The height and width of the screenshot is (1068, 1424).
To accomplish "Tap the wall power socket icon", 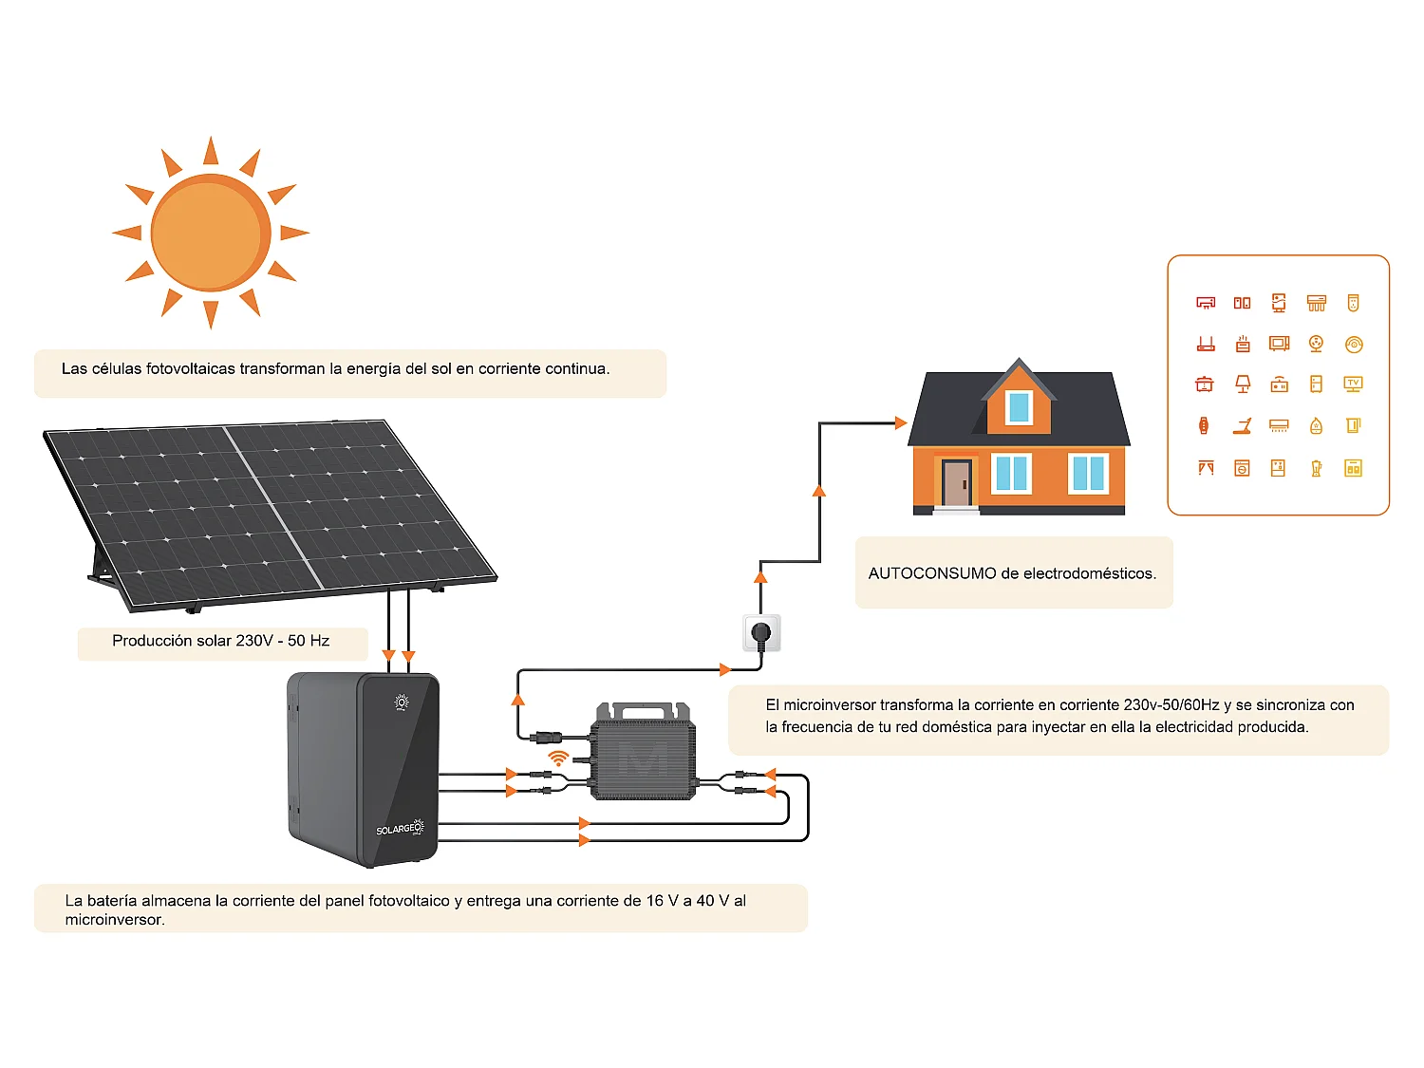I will [x=761, y=632].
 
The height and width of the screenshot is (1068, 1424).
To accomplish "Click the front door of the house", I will [x=956, y=483].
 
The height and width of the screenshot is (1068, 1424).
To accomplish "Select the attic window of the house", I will [x=1019, y=407].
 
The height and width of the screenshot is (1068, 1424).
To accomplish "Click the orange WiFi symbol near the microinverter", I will [x=558, y=758].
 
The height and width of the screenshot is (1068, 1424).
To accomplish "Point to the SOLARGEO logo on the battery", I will [x=400, y=829].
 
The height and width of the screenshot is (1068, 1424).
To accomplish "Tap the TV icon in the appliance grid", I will [x=1353, y=384].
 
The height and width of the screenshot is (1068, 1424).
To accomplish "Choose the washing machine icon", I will [x=1242, y=468].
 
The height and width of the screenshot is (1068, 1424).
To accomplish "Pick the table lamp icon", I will [x=1242, y=384].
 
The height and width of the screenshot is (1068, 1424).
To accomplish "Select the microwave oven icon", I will [x=1279, y=344].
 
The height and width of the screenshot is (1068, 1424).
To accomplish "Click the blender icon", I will [x=1316, y=468].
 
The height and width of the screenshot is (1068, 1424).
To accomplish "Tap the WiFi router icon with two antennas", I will [x=1206, y=344].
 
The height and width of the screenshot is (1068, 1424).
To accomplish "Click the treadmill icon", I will [x=1242, y=426].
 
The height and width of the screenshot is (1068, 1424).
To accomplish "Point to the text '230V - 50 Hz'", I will [x=282, y=641].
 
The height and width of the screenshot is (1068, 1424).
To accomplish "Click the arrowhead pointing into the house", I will [x=901, y=422].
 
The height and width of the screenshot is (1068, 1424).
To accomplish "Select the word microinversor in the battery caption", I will [x=115, y=920].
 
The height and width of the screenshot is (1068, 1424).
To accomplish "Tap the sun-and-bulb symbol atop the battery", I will [x=402, y=703].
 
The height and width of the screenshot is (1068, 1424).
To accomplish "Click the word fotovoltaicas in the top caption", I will [x=190, y=368].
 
